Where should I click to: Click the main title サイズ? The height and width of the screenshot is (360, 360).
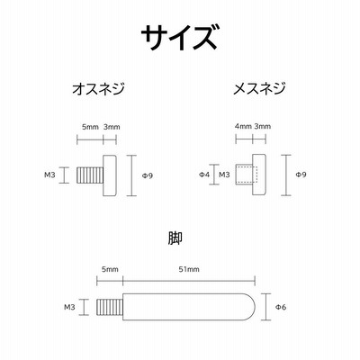[x=179, y=37]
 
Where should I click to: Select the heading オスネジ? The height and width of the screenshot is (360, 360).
[x=98, y=88]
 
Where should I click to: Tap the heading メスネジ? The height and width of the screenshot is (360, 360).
[x=259, y=88]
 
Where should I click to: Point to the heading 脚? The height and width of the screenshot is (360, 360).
[x=175, y=238]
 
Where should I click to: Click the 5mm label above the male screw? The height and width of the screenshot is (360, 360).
[x=90, y=127]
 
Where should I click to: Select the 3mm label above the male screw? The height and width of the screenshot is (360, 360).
[x=112, y=127]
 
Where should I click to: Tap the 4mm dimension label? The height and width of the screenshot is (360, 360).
[x=243, y=126]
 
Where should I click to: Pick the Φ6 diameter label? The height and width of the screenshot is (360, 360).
[x=281, y=307]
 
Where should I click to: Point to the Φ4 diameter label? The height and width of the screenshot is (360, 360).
[x=204, y=175]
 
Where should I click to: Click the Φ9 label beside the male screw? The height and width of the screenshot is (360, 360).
[x=148, y=175]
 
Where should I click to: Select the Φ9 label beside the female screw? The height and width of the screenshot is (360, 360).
[x=301, y=175]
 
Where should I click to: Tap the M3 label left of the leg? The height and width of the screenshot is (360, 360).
[x=69, y=307]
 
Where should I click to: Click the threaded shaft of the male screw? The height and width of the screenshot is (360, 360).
[x=90, y=175]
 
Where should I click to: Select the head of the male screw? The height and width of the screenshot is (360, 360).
[x=110, y=175]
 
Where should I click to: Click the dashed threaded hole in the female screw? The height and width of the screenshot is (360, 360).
[x=247, y=174]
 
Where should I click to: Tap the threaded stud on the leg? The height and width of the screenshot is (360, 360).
[x=110, y=307]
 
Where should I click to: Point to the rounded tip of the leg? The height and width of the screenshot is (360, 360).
[x=250, y=307]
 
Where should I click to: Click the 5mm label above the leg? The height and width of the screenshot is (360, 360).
[x=110, y=269]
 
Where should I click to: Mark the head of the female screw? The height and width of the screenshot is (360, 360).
[x=259, y=175]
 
